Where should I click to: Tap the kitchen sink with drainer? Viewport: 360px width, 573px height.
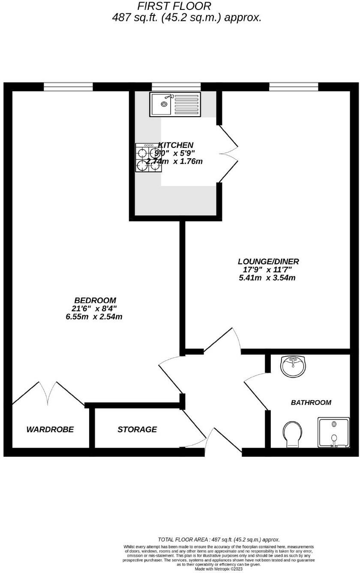(174, 104)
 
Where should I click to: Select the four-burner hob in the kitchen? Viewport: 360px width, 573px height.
(148, 157)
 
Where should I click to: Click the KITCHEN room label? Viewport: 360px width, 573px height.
(176, 145)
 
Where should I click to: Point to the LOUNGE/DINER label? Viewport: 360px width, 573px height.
(268, 261)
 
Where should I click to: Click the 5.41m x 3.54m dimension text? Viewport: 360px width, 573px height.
(267, 278)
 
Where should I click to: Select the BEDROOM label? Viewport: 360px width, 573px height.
(95, 300)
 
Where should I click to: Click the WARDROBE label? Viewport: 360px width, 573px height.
(50, 429)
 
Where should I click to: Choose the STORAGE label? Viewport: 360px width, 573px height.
(137, 429)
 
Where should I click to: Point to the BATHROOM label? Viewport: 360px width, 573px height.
(311, 402)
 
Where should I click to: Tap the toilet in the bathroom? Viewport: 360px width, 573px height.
(293, 433)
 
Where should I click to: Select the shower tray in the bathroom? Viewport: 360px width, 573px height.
(333, 432)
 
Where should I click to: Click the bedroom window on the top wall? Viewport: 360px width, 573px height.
(68, 87)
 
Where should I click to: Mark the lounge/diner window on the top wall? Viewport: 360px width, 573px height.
(294, 87)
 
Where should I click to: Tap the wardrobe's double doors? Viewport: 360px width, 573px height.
(48, 392)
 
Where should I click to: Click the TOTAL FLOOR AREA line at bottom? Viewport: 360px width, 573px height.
(219, 540)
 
